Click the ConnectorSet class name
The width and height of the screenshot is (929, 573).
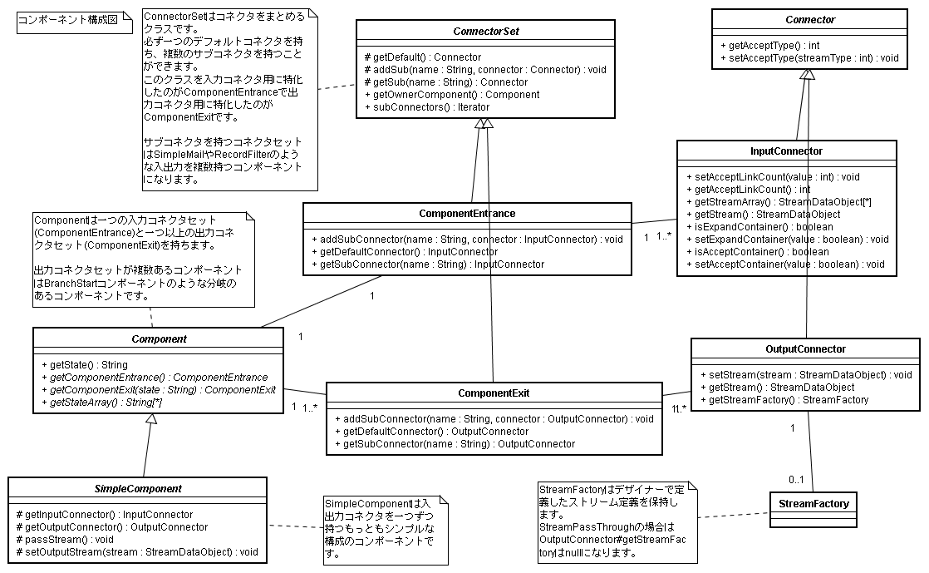tap(486, 32)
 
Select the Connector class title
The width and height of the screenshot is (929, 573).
tap(810, 19)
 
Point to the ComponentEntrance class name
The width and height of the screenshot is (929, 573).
tap(467, 214)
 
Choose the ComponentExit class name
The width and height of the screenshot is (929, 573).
tap(494, 393)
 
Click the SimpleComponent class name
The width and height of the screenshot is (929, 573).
tap(138, 488)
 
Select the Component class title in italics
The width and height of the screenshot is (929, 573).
tap(159, 338)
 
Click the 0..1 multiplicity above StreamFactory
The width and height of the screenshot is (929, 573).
tap(796, 479)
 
